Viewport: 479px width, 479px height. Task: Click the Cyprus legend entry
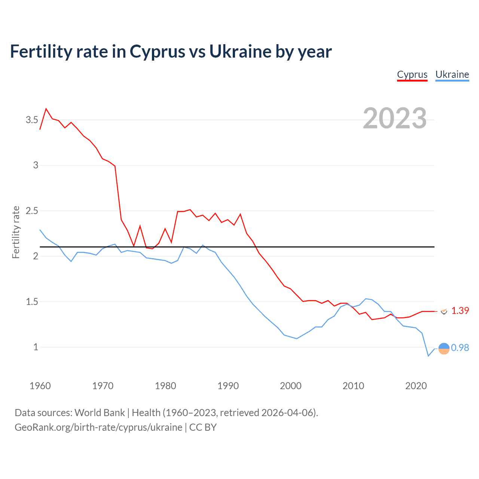[x=412, y=74]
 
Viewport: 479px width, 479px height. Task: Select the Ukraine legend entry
[x=452, y=74]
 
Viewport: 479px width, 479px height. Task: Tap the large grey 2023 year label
[x=395, y=118]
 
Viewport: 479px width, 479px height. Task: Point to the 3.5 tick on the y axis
[x=32, y=120]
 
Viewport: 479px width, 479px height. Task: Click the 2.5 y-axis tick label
[x=32, y=211]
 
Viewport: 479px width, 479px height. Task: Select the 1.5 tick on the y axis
[x=32, y=302]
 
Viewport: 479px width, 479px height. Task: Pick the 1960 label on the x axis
[x=40, y=386]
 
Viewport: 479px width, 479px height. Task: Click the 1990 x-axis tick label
[x=228, y=386]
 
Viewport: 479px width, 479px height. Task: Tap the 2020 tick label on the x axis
[x=416, y=386]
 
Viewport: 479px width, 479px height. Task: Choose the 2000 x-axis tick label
[x=290, y=386]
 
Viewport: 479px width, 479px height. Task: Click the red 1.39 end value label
[x=460, y=311]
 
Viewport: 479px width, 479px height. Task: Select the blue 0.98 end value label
[x=460, y=348]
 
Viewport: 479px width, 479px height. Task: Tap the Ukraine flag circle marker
[x=443, y=348]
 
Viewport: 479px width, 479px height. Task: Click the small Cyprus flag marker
[x=444, y=311]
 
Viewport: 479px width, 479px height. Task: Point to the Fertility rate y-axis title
[x=16, y=232]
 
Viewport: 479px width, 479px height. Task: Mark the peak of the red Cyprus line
[x=46, y=109]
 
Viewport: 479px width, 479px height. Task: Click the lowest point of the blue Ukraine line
[x=428, y=356]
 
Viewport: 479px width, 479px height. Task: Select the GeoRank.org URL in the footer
[x=98, y=427]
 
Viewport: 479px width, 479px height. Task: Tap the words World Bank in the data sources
[x=100, y=413]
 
